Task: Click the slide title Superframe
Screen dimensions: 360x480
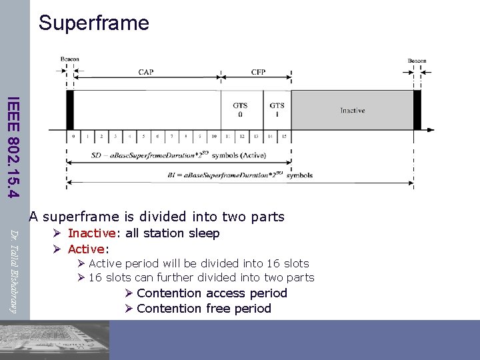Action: (x=94, y=23)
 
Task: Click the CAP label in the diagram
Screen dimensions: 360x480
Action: (x=146, y=72)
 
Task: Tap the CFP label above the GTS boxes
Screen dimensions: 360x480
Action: (x=258, y=72)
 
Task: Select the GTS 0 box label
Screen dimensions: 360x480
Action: (x=240, y=109)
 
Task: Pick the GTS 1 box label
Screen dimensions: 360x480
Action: (x=277, y=109)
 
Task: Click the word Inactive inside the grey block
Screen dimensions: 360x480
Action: (x=352, y=110)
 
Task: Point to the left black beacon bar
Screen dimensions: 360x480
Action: (x=69, y=110)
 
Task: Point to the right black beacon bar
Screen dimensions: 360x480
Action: (x=417, y=110)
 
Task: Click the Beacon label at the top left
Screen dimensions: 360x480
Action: (x=69, y=59)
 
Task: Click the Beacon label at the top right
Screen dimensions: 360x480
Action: (x=417, y=61)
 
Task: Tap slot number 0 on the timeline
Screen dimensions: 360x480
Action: (x=73, y=136)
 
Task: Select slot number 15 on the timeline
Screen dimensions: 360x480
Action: (x=284, y=136)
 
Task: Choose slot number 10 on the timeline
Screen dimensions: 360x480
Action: (x=213, y=136)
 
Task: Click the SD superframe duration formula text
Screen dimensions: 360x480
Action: (x=178, y=155)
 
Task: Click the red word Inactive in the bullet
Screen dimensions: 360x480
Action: (x=92, y=233)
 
